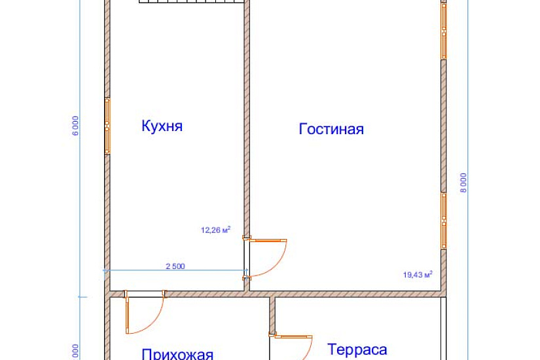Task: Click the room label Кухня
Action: [162, 126]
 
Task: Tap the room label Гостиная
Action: [331, 129]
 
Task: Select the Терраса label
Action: [357, 350]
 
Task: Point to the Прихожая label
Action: [177, 354]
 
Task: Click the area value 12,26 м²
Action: [216, 230]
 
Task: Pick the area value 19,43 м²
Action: [418, 275]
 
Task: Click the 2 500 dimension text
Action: [175, 265]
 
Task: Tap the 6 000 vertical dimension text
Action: [76, 125]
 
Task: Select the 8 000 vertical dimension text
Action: [463, 183]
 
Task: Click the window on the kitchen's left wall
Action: [107, 126]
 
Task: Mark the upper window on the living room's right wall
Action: [444, 31]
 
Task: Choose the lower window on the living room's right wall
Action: [444, 221]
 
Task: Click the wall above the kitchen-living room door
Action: [246, 131]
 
